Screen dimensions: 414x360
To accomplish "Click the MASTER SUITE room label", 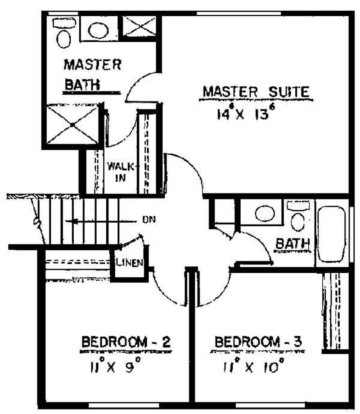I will pyautogui.click(x=256, y=92).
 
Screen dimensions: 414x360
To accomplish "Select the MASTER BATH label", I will pyautogui.click(x=92, y=74).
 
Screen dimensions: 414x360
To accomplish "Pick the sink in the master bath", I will pyautogui.click(x=98, y=30).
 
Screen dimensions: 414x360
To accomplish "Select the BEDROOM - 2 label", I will pyautogui.click(x=126, y=342).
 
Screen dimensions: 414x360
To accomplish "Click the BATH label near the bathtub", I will pyautogui.click(x=292, y=244).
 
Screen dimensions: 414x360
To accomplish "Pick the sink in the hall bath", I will pyautogui.click(x=263, y=213).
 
